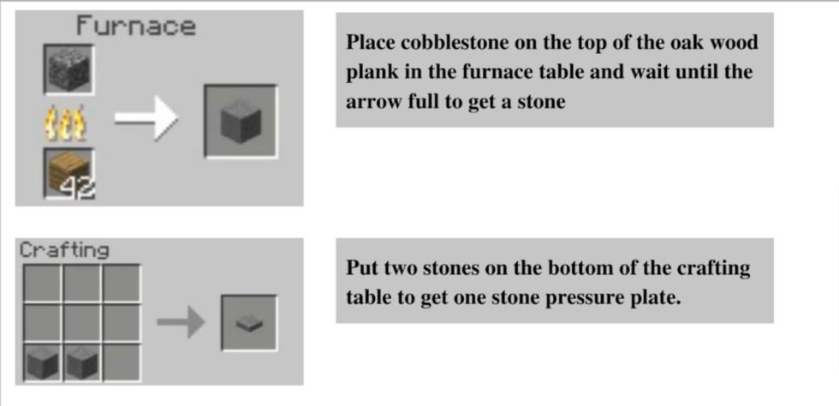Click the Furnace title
pyautogui.click(x=136, y=27)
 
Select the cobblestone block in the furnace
pyautogui.click(x=68, y=69)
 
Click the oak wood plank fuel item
pyautogui.click(x=69, y=173)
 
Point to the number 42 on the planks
pyautogui.click(x=78, y=189)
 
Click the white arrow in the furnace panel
pyautogui.click(x=146, y=118)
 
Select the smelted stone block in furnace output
pyautogui.click(x=241, y=122)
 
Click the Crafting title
pyautogui.click(x=64, y=250)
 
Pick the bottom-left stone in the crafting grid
pyautogui.click(x=42, y=362)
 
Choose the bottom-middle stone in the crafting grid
pyautogui.click(x=82, y=362)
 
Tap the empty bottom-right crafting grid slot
pyautogui.click(x=122, y=362)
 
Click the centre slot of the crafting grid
pyautogui.click(x=82, y=323)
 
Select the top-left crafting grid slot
pyautogui.click(x=42, y=284)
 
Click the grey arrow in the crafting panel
pyautogui.click(x=181, y=322)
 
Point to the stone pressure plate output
pyautogui.click(x=249, y=324)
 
